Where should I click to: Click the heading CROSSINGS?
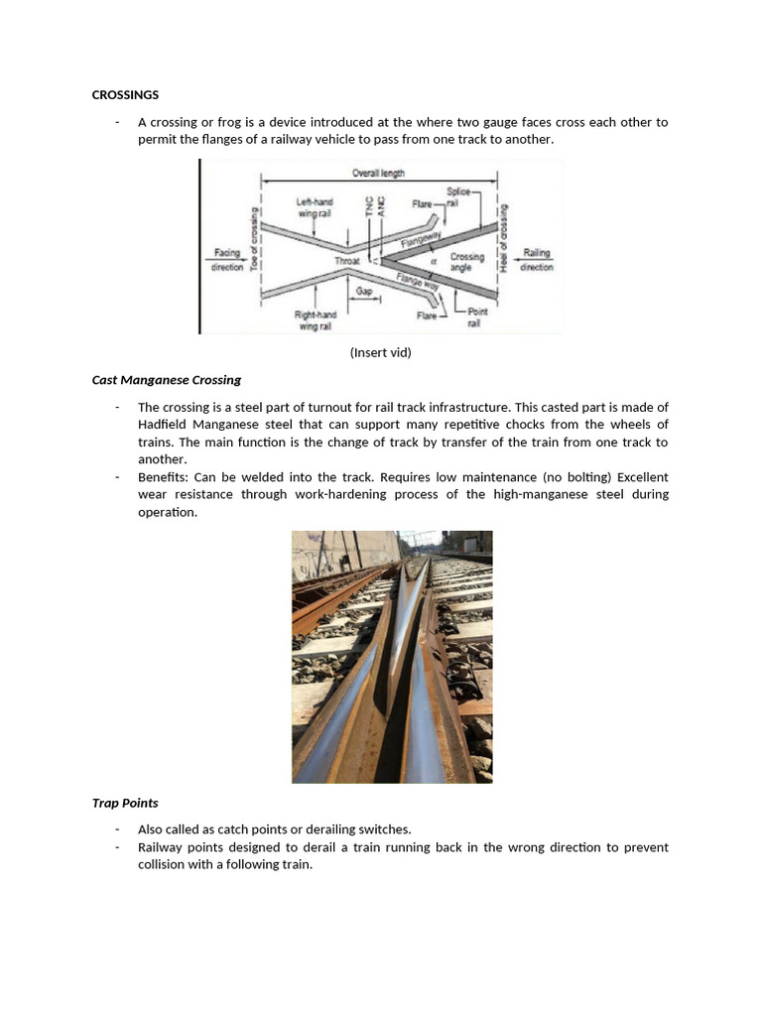point(125,95)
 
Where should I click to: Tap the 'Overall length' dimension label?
point(378,174)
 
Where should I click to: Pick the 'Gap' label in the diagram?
point(364,291)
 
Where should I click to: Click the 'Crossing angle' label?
point(467,262)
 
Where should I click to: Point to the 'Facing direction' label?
point(227,260)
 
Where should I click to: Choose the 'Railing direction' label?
point(536,260)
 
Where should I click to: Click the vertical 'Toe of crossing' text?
point(254,239)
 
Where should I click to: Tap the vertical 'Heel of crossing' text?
point(505,239)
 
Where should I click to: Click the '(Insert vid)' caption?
point(380,352)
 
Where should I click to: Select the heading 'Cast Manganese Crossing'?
point(167,380)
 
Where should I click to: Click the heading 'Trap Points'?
point(125,803)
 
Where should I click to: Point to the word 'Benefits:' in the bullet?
point(163,477)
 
